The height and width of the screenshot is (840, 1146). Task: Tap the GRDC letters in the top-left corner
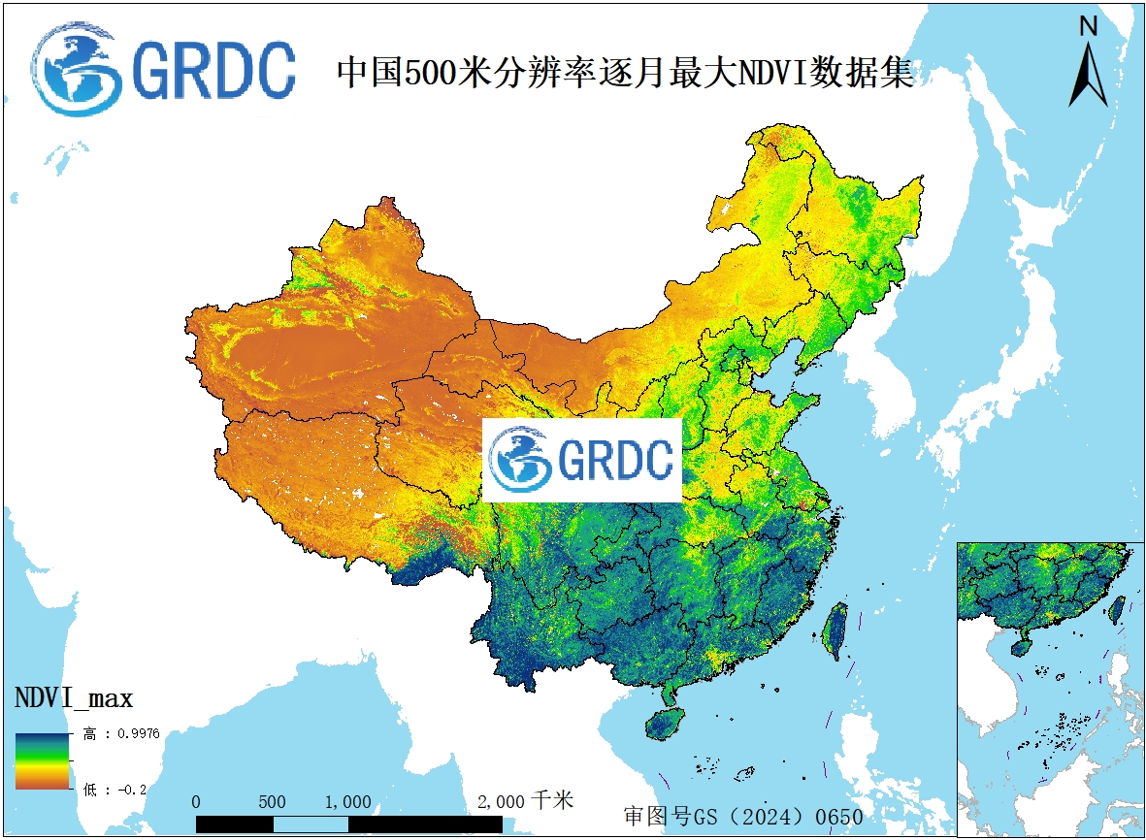[x=213, y=70]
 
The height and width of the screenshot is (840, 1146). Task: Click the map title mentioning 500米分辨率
[x=625, y=74]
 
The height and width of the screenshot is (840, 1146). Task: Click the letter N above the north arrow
[x=1089, y=27]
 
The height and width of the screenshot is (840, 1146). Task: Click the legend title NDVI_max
[x=74, y=697]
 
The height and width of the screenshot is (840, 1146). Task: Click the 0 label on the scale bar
[x=197, y=802]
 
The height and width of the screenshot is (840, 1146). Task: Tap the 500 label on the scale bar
[x=273, y=802]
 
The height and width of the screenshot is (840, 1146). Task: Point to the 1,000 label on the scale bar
[x=347, y=802]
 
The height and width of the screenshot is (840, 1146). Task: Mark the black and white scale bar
[x=349, y=824]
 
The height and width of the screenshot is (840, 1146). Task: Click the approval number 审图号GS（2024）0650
[x=742, y=816]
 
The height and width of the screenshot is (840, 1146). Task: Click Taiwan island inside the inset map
[x=1117, y=608]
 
